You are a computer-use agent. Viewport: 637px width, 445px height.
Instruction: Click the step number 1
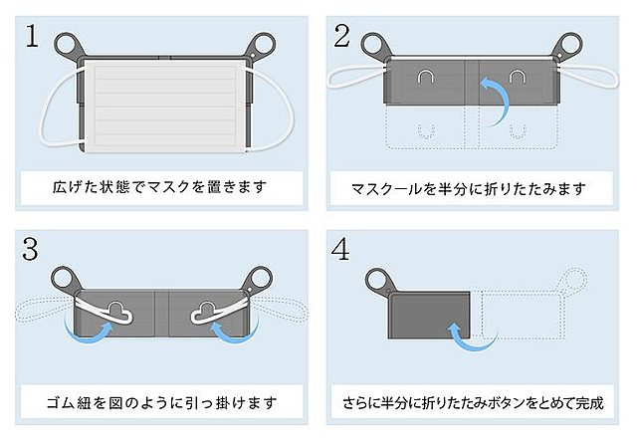tap(32, 36)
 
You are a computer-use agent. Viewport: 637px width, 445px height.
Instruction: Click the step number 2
tap(341, 36)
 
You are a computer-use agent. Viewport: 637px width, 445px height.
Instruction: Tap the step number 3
tap(31, 249)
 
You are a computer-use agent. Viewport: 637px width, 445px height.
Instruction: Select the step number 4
tap(340, 249)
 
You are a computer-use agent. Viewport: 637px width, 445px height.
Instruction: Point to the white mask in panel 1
tap(166, 107)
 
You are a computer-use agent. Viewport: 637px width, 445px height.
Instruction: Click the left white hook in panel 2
tap(426, 78)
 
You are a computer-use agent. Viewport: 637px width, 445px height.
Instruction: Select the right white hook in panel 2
tap(517, 78)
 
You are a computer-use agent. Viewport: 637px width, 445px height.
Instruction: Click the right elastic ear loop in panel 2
tap(589, 77)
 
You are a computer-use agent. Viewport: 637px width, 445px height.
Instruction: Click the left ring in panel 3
tap(64, 279)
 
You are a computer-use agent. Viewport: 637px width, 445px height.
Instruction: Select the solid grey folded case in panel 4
tap(429, 315)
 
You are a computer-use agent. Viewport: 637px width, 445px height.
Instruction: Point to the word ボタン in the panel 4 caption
tap(503, 403)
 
